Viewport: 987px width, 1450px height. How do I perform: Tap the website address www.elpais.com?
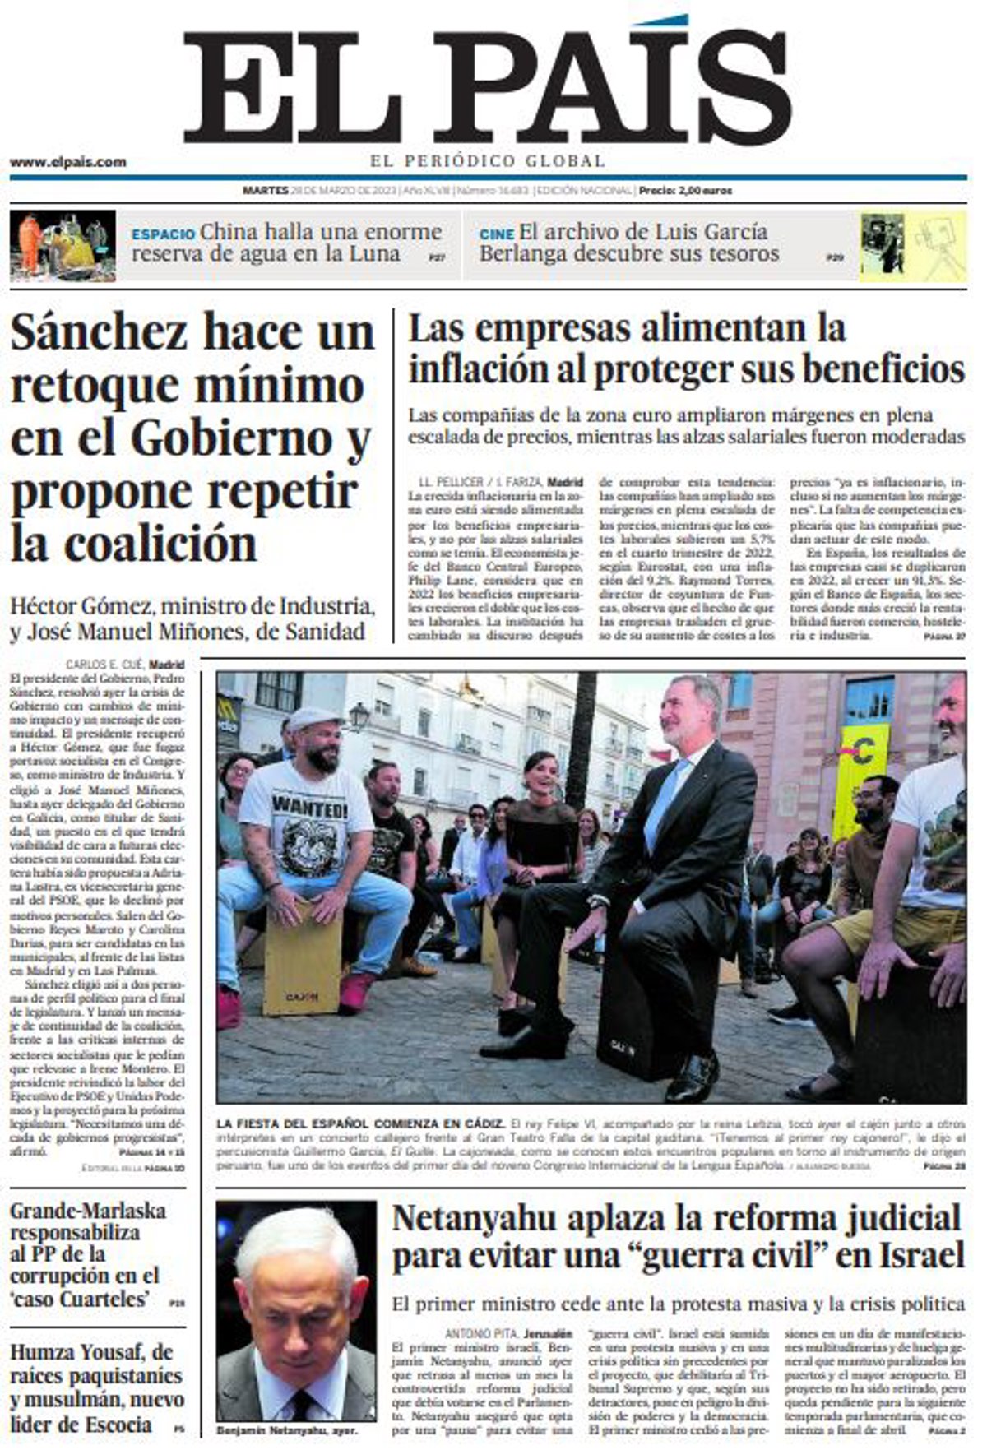(68, 162)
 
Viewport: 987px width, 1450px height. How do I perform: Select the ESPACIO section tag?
(163, 234)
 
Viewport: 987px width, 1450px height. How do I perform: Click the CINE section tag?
(496, 234)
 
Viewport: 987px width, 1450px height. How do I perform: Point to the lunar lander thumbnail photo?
(64, 245)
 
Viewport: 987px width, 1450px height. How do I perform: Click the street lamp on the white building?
(359, 716)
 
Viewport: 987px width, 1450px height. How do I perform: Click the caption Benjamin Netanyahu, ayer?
(286, 1431)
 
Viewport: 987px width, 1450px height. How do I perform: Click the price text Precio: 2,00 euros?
(686, 191)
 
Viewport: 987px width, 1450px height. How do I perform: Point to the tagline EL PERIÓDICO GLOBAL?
(487, 161)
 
